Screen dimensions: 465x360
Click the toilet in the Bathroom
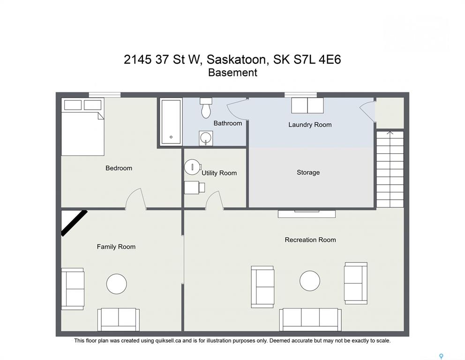point(206,108)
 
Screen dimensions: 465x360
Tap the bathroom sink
point(205,138)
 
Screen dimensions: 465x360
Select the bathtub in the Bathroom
point(171,122)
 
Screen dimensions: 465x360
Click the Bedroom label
point(119,168)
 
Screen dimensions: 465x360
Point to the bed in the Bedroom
point(83,127)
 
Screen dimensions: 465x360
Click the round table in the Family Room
point(117,284)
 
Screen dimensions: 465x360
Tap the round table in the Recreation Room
point(310,281)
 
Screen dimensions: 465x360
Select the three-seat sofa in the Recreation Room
point(310,320)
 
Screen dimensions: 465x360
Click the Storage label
point(308,172)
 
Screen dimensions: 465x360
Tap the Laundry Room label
point(310,125)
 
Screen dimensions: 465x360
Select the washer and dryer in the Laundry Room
point(307,105)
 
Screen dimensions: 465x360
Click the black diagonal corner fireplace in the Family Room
point(74,223)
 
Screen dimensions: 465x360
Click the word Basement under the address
point(232,73)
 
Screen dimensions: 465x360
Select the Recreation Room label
point(310,240)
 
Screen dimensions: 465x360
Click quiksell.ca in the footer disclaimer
point(168,341)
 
